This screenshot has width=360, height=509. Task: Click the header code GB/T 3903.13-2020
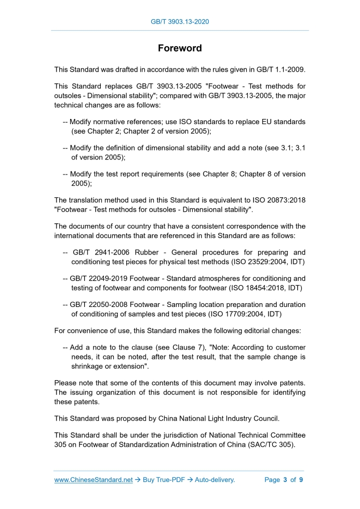coord(180,22)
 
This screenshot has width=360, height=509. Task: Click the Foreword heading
coord(180,48)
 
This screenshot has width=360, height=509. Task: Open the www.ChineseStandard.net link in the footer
coord(94,480)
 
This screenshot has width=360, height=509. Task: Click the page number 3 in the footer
coord(285,480)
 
